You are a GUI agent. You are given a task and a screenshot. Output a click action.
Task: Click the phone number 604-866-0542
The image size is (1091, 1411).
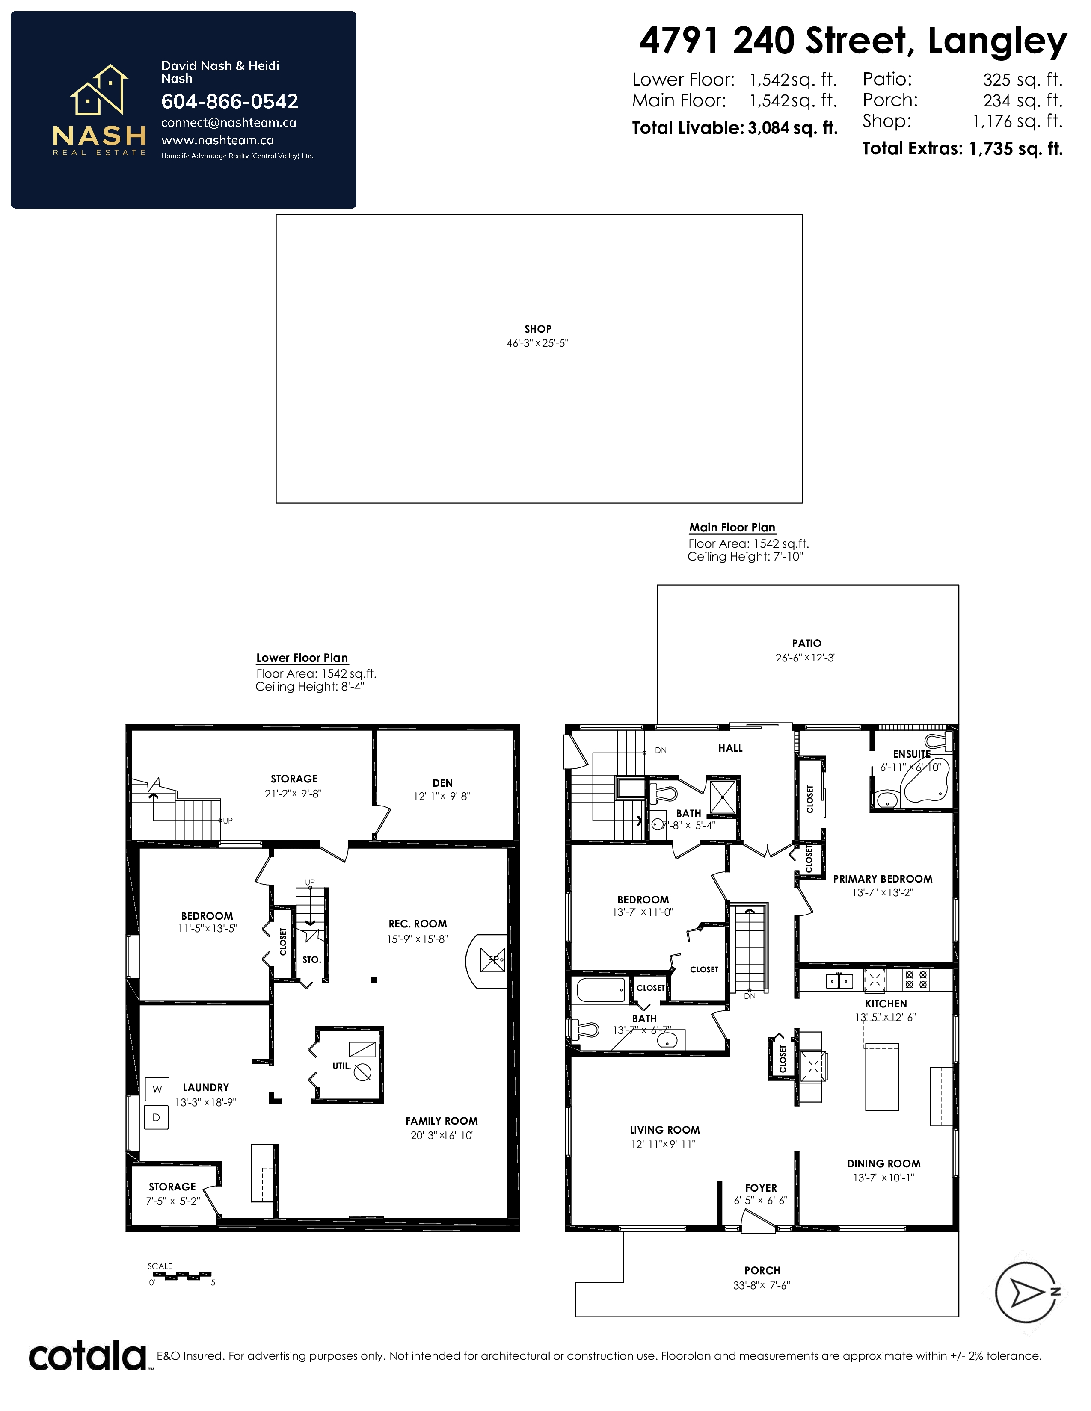(229, 101)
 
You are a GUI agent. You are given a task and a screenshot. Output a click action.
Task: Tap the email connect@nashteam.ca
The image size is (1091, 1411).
(228, 123)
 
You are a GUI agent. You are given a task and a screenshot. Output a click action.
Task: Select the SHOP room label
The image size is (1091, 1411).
(538, 329)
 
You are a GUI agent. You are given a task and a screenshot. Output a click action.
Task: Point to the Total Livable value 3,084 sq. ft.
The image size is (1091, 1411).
(792, 128)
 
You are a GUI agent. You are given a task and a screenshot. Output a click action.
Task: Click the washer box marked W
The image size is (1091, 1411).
(157, 1089)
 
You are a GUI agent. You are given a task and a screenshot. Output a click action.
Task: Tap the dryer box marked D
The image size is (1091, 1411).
(157, 1117)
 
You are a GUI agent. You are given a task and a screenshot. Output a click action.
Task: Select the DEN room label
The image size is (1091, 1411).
(443, 783)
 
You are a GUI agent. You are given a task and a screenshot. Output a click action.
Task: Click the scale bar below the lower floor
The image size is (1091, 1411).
(181, 1275)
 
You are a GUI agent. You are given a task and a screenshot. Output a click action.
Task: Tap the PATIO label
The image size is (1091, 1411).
(806, 644)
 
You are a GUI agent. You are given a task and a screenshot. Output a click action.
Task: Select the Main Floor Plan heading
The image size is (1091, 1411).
(732, 528)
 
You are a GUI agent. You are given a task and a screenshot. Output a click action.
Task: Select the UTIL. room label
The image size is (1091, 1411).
(342, 1066)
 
